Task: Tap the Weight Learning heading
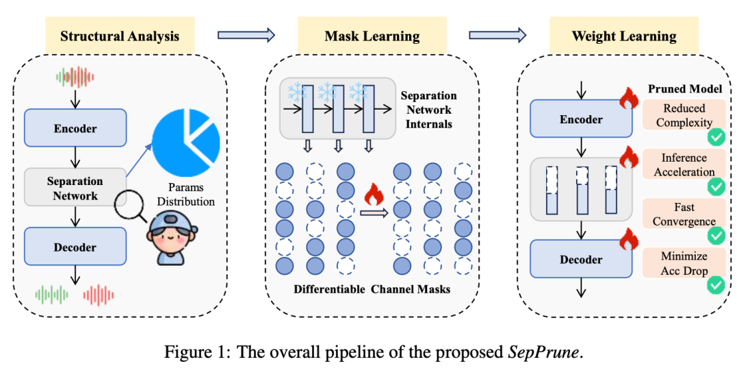624,36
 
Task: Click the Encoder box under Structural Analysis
75,129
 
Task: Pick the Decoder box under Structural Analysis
75,247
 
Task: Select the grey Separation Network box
75,188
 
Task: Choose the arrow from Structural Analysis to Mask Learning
246,34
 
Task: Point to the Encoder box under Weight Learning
581,119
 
